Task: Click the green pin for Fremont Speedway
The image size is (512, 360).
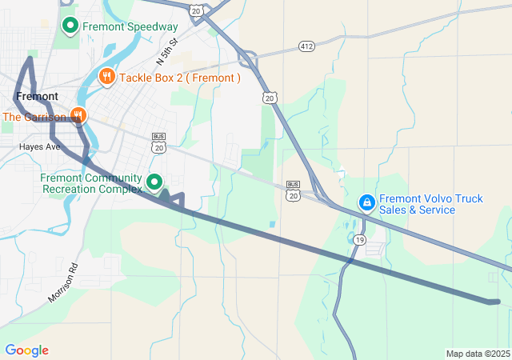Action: click(70, 26)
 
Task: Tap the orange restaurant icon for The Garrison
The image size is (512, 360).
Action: click(78, 116)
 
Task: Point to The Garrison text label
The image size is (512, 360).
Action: click(34, 118)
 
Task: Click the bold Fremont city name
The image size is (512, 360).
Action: click(36, 96)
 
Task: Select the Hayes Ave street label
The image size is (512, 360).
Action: click(40, 147)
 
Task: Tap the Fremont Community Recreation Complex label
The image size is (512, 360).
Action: click(90, 182)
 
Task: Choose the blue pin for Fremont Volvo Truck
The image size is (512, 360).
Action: click(366, 203)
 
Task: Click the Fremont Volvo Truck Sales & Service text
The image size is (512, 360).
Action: click(430, 204)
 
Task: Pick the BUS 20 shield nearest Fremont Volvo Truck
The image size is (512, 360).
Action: click(293, 190)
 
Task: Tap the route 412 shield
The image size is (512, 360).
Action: click(307, 46)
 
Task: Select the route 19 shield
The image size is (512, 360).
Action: click(360, 240)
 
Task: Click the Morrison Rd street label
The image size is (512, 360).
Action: click(64, 282)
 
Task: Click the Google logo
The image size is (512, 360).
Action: click(26, 350)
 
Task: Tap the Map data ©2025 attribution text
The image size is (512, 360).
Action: click(478, 354)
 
